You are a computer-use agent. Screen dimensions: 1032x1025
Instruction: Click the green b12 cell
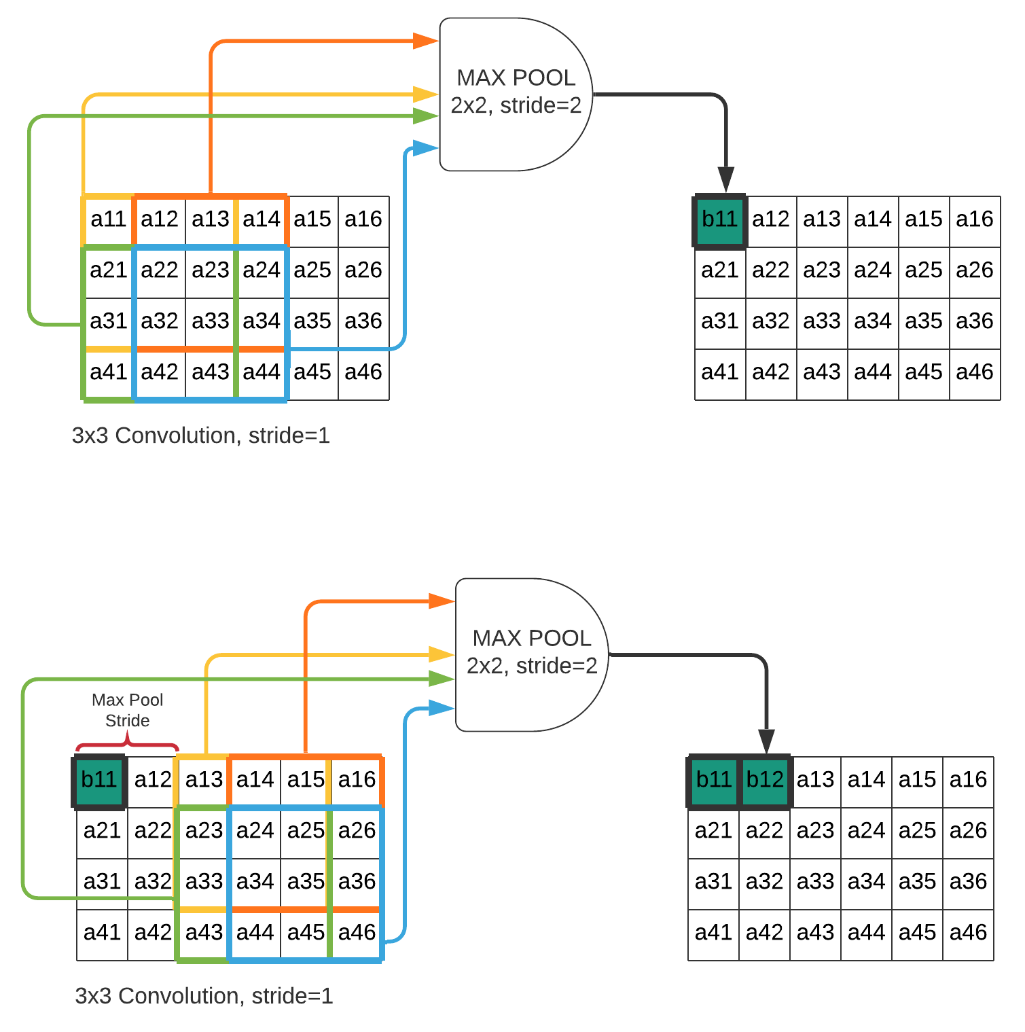pyautogui.click(x=765, y=780)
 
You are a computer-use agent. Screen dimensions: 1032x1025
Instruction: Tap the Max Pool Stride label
pyautogui.click(x=127, y=710)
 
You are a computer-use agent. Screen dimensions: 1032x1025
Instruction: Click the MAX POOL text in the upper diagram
pyautogui.click(x=516, y=78)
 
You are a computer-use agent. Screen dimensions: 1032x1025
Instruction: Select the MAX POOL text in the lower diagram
pyautogui.click(x=531, y=639)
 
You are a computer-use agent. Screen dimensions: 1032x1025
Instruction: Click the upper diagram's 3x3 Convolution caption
pyautogui.click(x=200, y=435)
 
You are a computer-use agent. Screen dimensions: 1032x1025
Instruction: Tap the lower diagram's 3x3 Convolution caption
pyautogui.click(x=204, y=996)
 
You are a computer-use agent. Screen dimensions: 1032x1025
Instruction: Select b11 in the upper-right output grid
pyautogui.click(x=719, y=220)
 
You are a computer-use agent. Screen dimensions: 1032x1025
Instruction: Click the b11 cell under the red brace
pyautogui.click(x=99, y=781)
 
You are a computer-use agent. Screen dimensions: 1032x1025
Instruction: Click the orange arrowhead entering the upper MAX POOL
pyautogui.click(x=427, y=41)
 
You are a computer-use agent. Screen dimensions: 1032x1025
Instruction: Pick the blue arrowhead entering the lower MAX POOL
pyautogui.click(x=442, y=708)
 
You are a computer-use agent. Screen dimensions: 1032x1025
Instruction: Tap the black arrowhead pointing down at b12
pyautogui.click(x=766, y=741)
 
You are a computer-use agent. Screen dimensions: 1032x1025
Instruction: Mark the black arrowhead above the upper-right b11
pyautogui.click(x=726, y=180)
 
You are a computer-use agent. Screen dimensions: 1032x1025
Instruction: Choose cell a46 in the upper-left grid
pyautogui.click(x=363, y=372)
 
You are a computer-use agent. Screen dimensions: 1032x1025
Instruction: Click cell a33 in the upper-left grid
pyautogui.click(x=211, y=321)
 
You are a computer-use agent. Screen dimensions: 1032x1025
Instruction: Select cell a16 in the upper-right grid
pyautogui.click(x=975, y=219)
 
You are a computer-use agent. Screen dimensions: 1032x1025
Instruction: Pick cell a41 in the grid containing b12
pyautogui.click(x=713, y=933)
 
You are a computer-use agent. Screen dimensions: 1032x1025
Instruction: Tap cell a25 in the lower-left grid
pyautogui.click(x=306, y=831)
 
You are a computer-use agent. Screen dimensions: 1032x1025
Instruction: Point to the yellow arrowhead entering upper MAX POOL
pyautogui.click(x=426, y=94)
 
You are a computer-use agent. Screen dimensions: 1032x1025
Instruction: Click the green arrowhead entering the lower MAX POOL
pyautogui.click(x=442, y=678)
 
